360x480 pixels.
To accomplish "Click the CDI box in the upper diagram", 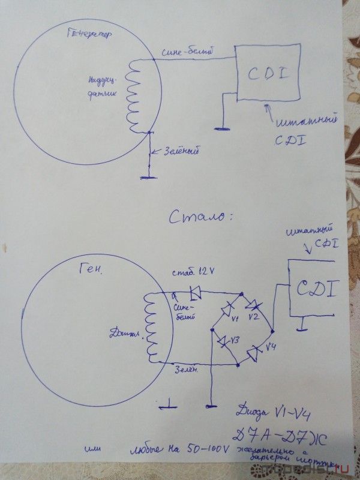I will pyautogui.click(x=268, y=74).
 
